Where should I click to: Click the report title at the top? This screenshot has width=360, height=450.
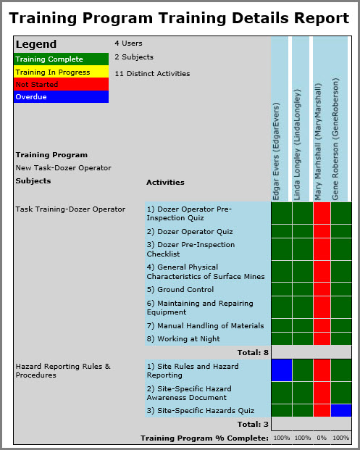pyautogui.click(x=179, y=17)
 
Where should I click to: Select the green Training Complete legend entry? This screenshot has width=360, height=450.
pyautogui.click(x=61, y=59)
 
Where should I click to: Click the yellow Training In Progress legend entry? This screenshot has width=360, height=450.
pyautogui.click(x=61, y=72)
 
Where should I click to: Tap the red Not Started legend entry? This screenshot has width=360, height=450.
pyautogui.click(x=61, y=84)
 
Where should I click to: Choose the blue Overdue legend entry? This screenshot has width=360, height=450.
pyautogui.click(x=61, y=96)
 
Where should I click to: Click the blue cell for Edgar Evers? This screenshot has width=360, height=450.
pyautogui.click(x=281, y=370)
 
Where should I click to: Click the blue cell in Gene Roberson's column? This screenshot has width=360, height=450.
pyautogui.click(x=341, y=410)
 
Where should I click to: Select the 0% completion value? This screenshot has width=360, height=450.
pyautogui.click(x=322, y=438)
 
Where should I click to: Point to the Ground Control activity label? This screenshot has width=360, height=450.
pyautogui.click(x=180, y=289)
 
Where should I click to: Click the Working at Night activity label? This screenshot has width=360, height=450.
pyautogui.click(x=183, y=338)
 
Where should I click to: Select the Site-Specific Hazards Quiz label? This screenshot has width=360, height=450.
pyautogui.click(x=191, y=410)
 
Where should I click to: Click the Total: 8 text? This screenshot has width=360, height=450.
pyautogui.click(x=253, y=352)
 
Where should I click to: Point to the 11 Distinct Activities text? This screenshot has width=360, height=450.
pyautogui.click(x=152, y=73)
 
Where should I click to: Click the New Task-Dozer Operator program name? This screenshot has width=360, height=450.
pyautogui.click(x=63, y=167)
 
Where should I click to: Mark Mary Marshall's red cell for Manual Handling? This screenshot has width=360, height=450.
pyautogui.click(x=322, y=325)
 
